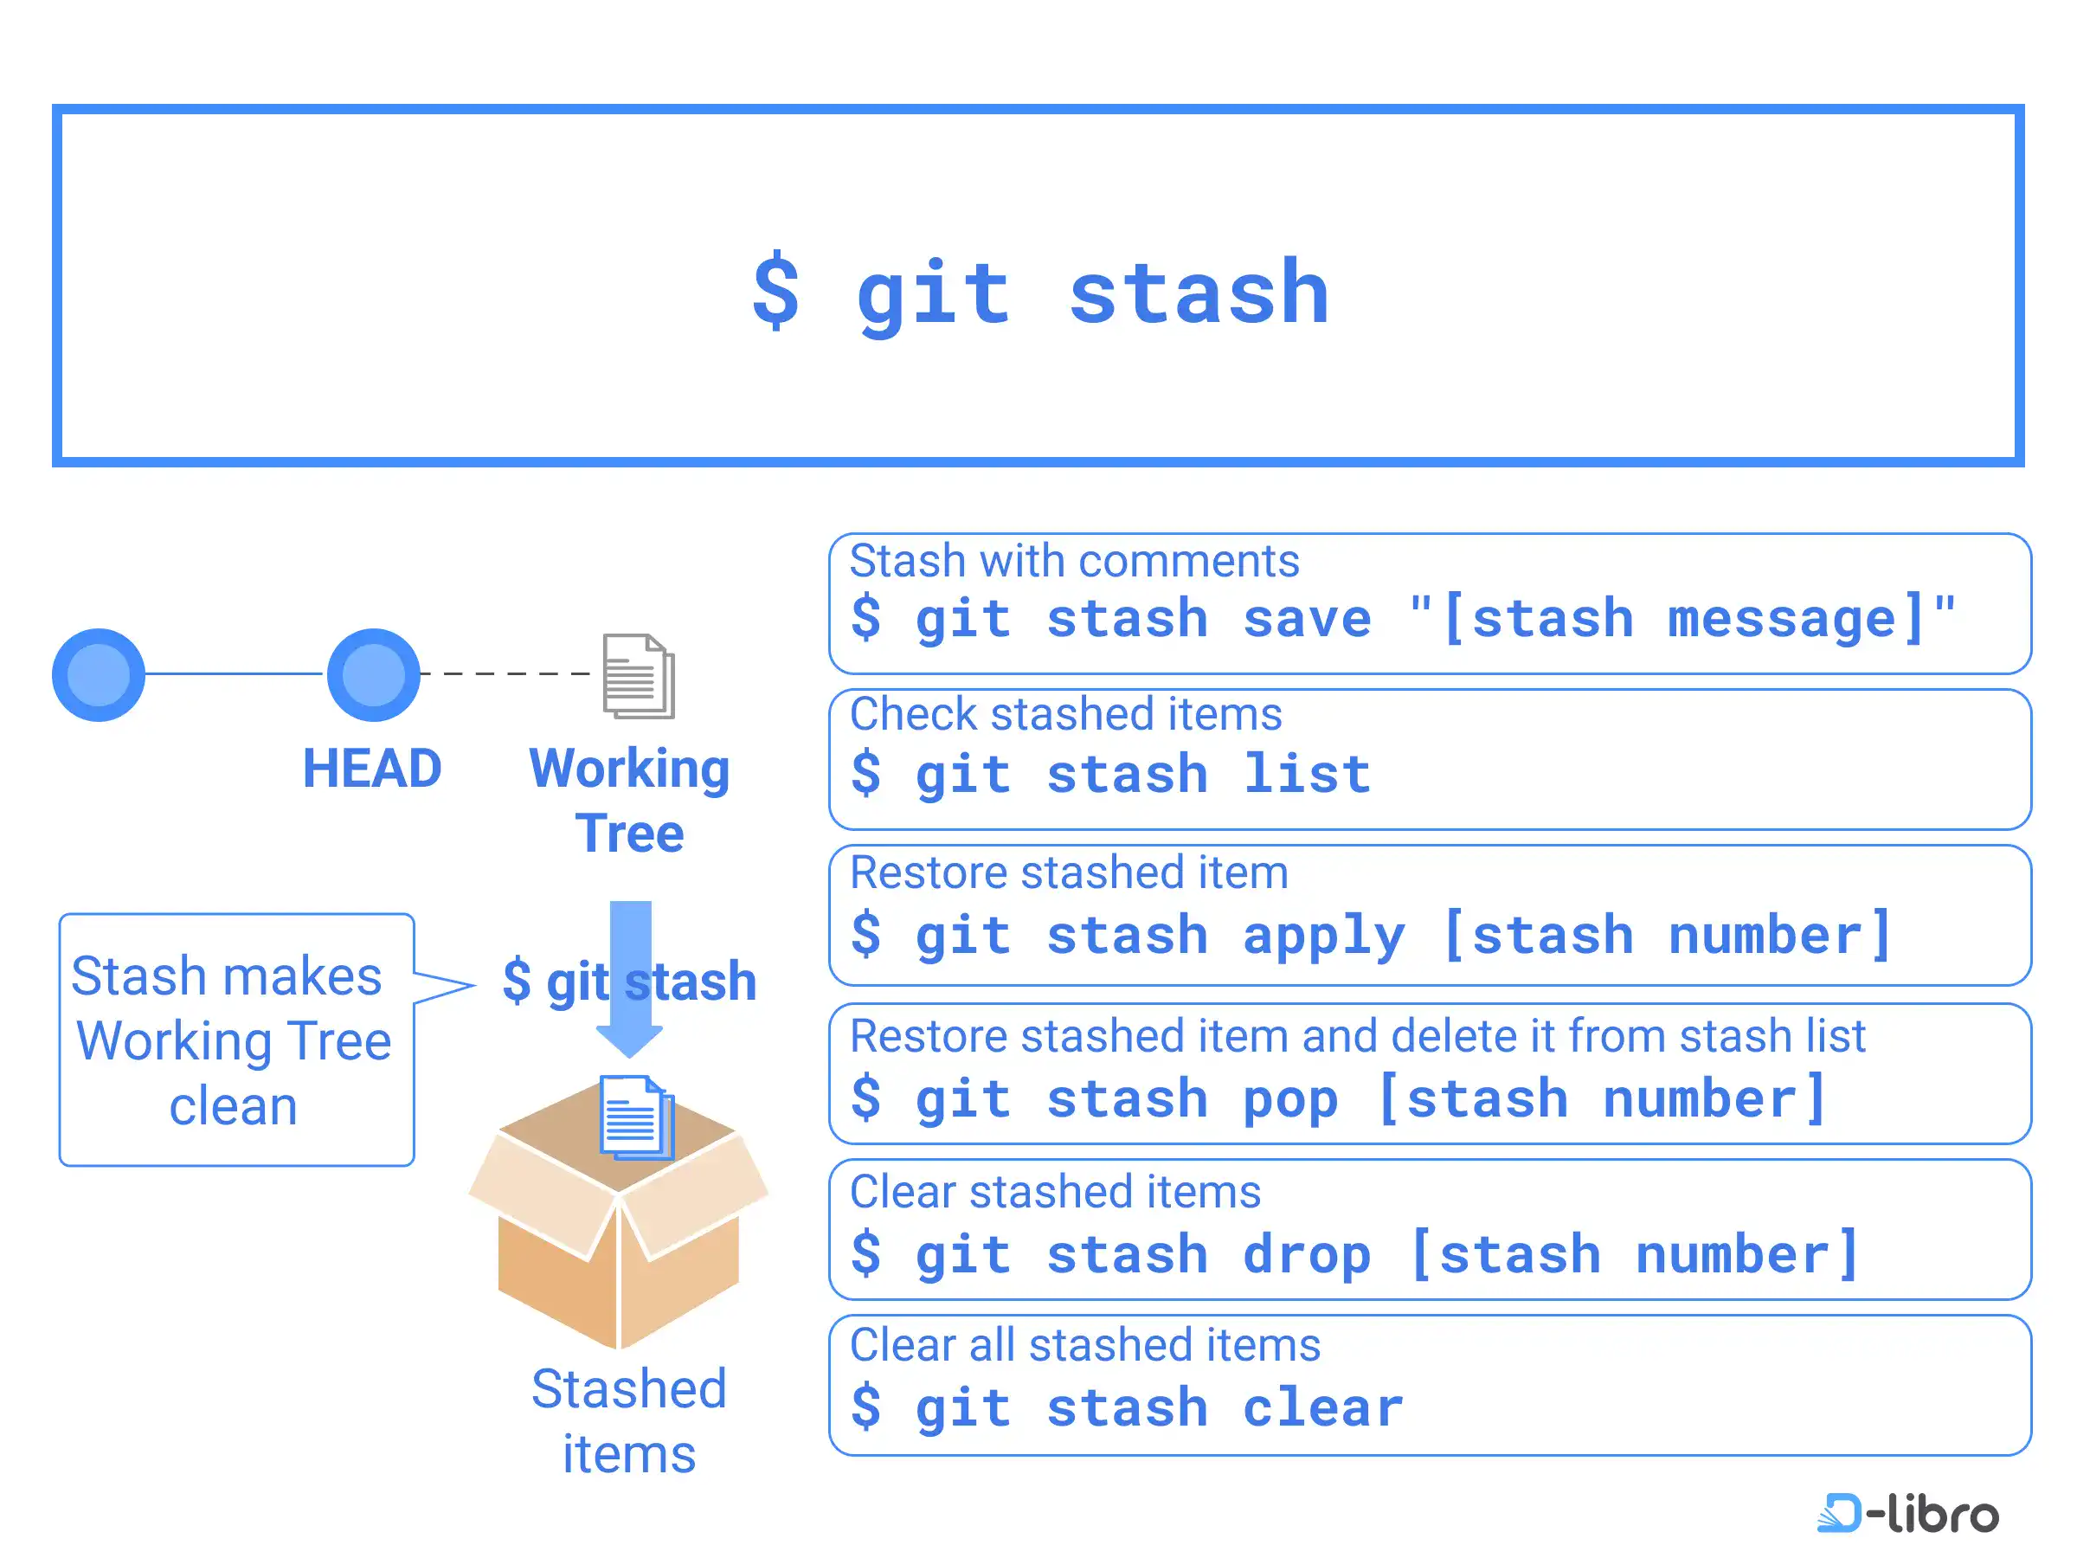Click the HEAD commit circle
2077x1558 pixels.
pos(373,674)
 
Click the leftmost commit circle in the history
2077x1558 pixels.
pos(99,674)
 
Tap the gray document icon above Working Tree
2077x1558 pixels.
pos(639,676)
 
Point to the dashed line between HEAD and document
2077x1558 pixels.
pos(505,673)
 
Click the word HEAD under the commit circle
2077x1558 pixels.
pos(372,769)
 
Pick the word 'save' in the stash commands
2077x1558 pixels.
pos(1307,619)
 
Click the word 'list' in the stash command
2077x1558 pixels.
pos(1307,774)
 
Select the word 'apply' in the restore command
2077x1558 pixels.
pos(1324,937)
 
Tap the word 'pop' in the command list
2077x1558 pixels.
pos(1291,1100)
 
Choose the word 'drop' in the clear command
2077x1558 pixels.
pos(1307,1256)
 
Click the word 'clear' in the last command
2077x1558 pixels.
pos(1323,1407)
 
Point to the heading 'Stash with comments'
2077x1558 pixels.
pos(1074,561)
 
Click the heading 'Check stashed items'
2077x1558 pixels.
pos(1065,714)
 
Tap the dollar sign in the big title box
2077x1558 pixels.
pos(776,291)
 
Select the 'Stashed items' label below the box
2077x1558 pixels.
pos(629,1421)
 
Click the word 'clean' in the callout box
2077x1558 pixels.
pos(234,1106)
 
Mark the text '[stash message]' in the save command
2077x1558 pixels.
pos(1682,619)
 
